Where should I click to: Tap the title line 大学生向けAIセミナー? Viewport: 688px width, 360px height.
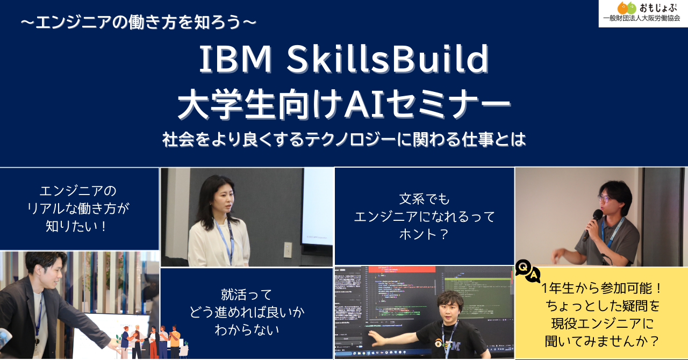[344, 104]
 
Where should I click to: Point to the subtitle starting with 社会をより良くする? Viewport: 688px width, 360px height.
[344, 140]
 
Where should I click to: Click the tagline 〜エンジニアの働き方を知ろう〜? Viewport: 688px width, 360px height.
[138, 23]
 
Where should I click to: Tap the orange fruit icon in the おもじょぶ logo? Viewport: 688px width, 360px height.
[622, 8]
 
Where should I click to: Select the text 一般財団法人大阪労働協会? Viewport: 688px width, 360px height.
[642, 19]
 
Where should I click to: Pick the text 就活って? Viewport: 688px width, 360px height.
[247, 294]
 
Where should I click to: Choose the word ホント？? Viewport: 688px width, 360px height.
[424, 234]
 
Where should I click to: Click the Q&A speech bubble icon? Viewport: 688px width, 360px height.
[527, 271]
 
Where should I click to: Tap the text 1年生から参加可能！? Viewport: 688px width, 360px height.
[602, 289]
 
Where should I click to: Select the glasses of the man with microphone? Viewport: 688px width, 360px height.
[605, 198]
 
